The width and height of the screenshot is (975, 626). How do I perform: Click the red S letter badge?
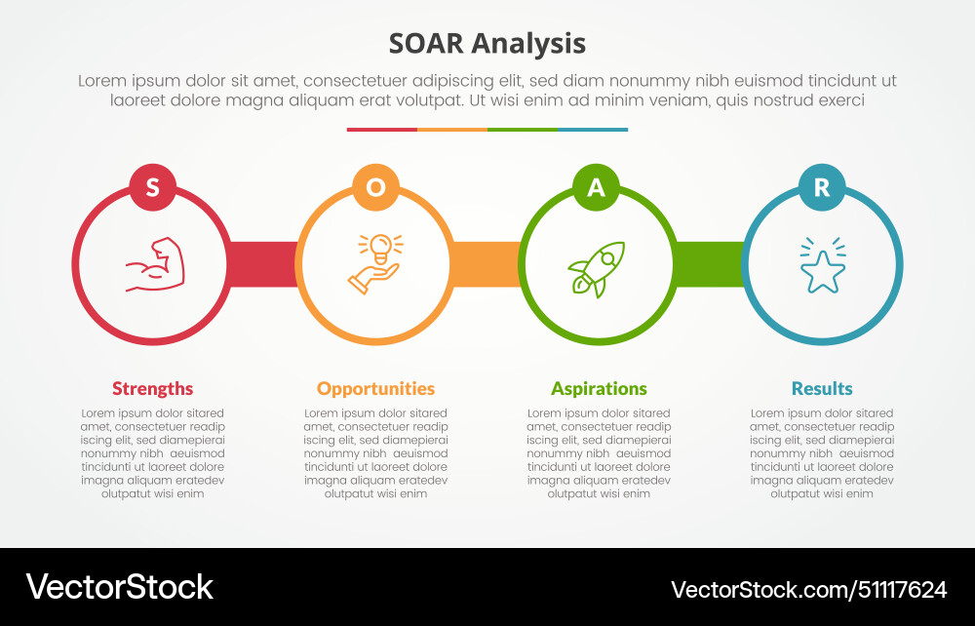point(152,187)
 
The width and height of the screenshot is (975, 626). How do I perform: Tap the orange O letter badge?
point(375,187)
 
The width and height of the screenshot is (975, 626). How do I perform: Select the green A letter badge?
point(597,187)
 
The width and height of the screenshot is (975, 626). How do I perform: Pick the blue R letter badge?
point(822,187)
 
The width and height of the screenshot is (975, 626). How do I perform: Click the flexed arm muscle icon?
point(153,264)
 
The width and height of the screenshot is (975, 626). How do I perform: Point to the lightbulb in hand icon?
point(375,263)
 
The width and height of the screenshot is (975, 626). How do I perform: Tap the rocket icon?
point(596,268)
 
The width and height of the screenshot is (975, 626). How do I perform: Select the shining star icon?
point(822,266)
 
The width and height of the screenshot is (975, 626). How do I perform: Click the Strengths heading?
point(152,388)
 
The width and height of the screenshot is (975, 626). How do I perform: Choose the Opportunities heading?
point(375,388)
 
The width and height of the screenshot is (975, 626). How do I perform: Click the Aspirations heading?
point(599,388)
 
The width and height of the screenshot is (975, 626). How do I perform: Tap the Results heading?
point(822,388)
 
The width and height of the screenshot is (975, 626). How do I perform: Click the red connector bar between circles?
point(262,264)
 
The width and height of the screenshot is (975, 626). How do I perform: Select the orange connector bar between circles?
point(486,264)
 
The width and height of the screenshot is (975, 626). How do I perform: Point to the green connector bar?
point(709,264)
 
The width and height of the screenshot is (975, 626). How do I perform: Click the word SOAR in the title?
point(426,44)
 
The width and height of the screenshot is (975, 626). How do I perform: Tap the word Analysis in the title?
point(528,44)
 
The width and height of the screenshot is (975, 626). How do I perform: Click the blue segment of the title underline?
point(593,130)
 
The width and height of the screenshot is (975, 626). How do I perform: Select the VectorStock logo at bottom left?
point(119,586)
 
